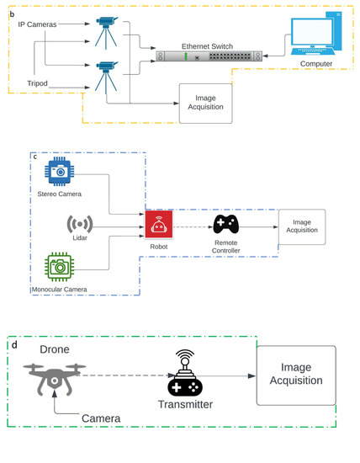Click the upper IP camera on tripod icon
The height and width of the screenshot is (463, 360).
coord(108,31)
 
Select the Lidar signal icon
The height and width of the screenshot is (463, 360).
coord(77,226)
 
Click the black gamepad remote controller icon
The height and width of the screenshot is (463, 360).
coord(226,225)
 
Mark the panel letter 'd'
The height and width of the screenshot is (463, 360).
coord(12,343)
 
